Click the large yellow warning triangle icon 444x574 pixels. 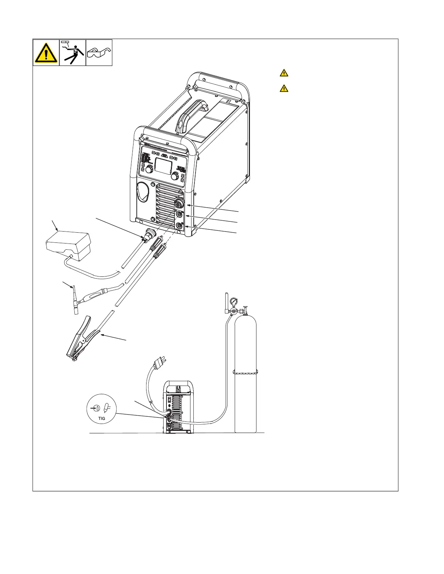coord(46,53)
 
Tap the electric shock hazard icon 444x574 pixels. coord(73,53)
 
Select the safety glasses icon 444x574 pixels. coord(99,53)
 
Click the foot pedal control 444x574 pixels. coord(68,243)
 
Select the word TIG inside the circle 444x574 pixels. coord(102,418)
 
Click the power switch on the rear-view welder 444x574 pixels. coord(169,400)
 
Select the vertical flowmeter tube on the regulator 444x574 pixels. coord(226,301)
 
